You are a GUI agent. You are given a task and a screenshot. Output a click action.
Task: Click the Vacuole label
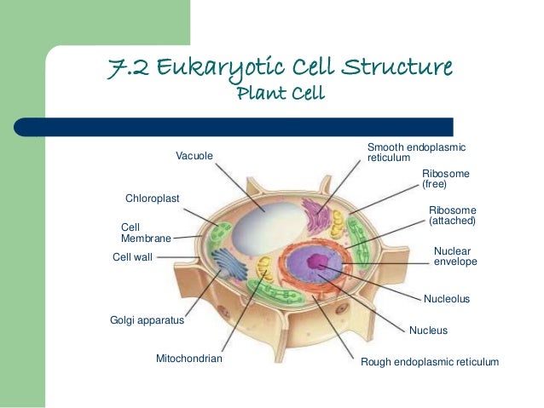click(194, 154)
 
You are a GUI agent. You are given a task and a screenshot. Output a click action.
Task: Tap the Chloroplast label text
click(153, 198)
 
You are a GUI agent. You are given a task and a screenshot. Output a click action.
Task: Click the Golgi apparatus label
click(148, 322)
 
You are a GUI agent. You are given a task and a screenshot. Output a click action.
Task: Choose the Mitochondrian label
click(188, 359)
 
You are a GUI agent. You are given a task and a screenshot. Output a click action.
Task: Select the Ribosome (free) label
click(445, 178)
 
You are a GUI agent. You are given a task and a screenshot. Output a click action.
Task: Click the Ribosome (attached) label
click(452, 215)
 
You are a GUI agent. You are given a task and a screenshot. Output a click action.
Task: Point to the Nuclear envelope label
click(455, 256)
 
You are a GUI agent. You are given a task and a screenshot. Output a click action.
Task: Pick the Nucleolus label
click(447, 300)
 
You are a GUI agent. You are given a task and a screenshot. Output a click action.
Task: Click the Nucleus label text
click(428, 330)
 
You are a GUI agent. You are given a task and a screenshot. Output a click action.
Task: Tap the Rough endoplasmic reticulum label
click(430, 362)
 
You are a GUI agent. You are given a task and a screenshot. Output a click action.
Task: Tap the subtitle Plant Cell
click(281, 92)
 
